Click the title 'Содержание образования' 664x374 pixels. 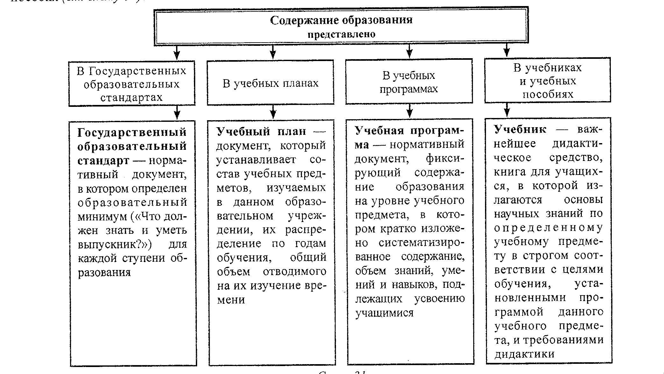(341, 20)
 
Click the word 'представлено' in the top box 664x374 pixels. (341, 34)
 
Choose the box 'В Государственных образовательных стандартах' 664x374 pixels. (132, 84)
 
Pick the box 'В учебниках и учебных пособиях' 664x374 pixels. (547, 81)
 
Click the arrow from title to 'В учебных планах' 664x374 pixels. (273, 52)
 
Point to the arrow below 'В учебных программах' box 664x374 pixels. (410, 111)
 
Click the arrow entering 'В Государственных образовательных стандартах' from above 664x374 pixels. (177, 52)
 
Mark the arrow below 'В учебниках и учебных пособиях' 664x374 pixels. (507, 110)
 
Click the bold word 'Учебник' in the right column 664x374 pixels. (520, 129)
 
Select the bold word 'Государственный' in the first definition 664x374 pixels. (132, 132)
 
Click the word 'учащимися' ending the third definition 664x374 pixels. (384, 313)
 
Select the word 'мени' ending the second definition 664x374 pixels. (231, 300)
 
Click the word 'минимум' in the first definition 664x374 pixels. (102, 217)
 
